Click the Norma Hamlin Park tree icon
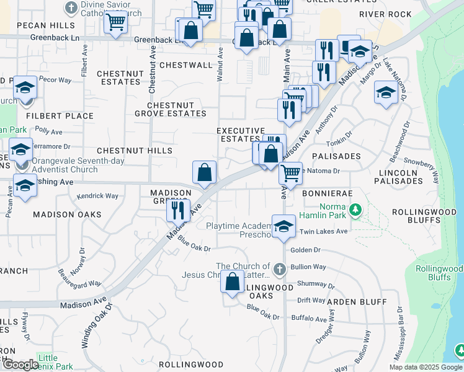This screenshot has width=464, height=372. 355,210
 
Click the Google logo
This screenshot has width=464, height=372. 20,365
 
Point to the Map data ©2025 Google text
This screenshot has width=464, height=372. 425,367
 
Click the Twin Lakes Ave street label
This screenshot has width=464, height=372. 324,231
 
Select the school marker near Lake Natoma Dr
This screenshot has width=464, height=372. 386,94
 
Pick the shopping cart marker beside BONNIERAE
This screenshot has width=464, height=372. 290,174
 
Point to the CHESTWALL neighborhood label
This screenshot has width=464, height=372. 186,65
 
